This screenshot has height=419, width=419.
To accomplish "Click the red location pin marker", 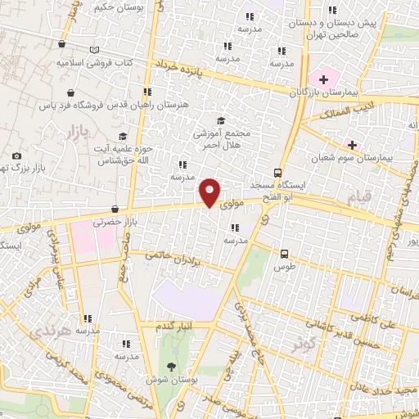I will point(210,191).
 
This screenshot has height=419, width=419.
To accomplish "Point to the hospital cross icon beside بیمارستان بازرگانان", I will point(324,79).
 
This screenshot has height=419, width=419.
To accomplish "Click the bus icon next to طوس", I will point(285,254).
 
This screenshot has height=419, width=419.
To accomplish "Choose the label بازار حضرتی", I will point(112,222).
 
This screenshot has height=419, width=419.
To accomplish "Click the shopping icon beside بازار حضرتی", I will point(115,209).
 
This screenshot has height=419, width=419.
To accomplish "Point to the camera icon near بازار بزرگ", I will point(16,155).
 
